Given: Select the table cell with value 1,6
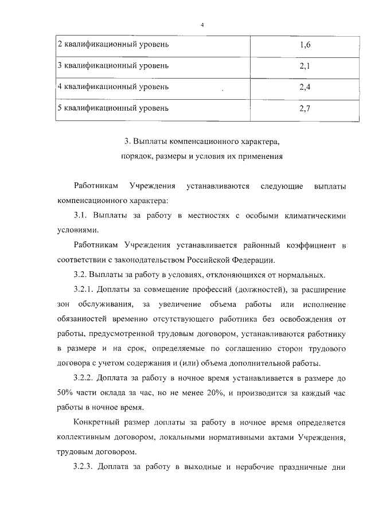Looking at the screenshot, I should pos(304,45).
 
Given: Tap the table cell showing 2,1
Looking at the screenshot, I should pos(304,66).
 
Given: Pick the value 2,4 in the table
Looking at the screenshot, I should pos(304,87).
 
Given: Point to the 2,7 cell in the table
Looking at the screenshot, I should pos(304,108).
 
